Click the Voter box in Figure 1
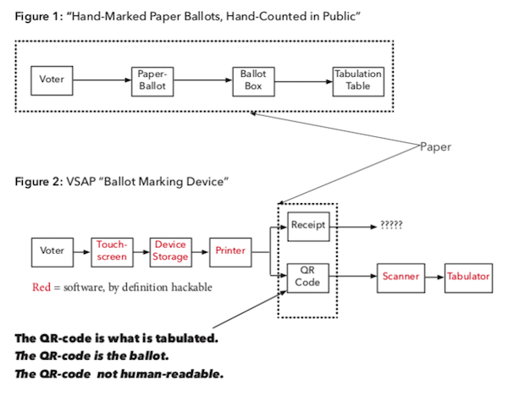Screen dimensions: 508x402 (x=52, y=80)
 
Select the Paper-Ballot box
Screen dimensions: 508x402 (x=152, y=81)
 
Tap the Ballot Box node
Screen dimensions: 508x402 (x=253, y=81)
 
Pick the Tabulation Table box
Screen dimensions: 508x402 (x=358, y=81)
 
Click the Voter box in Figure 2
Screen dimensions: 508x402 (x=52, y=252)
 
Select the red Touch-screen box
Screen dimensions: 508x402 (x=112, y=252)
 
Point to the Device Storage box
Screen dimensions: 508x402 (x=171, y=252)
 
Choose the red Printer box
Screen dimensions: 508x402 (x=230, y=252)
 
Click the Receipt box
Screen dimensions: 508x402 (x=308, y=227)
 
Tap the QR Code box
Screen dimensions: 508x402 (x=308, y=278)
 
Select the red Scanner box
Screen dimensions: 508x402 (x=400, y=278)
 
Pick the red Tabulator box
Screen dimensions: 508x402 (x=468, y=278)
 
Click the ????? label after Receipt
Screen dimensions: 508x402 (x=391, y=225)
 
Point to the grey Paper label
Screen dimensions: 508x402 (x=435, y=146)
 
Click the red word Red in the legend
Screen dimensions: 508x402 (x=41, y=287)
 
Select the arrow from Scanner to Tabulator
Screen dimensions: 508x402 (x=434, y=278)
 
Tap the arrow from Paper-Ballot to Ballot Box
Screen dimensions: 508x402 (x=203, y=80)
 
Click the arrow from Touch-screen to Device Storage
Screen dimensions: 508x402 (x=141, y=252)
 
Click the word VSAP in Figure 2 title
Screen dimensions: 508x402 (x=81, y=181)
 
